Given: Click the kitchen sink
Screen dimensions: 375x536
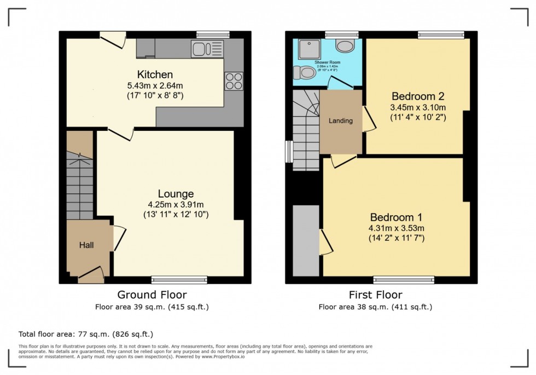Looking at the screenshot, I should pos(205,49).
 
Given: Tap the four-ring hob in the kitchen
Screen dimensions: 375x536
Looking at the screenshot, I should pos(234,81).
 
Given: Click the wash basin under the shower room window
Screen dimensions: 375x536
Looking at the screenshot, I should pos(345,46).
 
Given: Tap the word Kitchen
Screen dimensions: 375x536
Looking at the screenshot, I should pos(155,74).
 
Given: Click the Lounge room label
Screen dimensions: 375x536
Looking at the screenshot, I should pos(176,194).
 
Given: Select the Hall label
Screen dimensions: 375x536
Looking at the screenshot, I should pos(85,245).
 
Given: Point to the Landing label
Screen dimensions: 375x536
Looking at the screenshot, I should pos(341,121).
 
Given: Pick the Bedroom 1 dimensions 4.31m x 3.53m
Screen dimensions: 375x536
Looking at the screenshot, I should pos(397,228).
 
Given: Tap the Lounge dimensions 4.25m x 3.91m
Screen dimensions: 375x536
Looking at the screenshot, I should pos(175,205).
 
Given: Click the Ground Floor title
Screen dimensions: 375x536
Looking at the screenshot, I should pos(152,295).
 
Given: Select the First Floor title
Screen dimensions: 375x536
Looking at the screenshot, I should pos(375,295).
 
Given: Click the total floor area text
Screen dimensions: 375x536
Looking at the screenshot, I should pos(86,334).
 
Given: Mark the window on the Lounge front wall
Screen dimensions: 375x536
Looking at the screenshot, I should pos(179,280).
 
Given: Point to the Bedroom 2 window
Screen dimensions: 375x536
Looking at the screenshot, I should pos(441,34).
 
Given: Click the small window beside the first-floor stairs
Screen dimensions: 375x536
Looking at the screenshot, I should pos(289,151).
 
